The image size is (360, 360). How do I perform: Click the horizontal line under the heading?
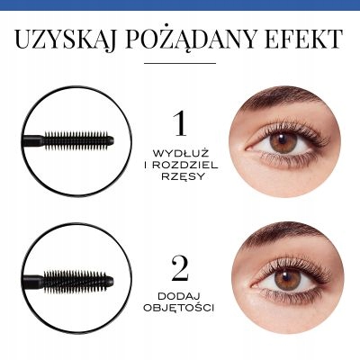(x=180, y=63)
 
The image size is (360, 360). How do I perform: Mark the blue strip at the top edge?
(x=180, y=3)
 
